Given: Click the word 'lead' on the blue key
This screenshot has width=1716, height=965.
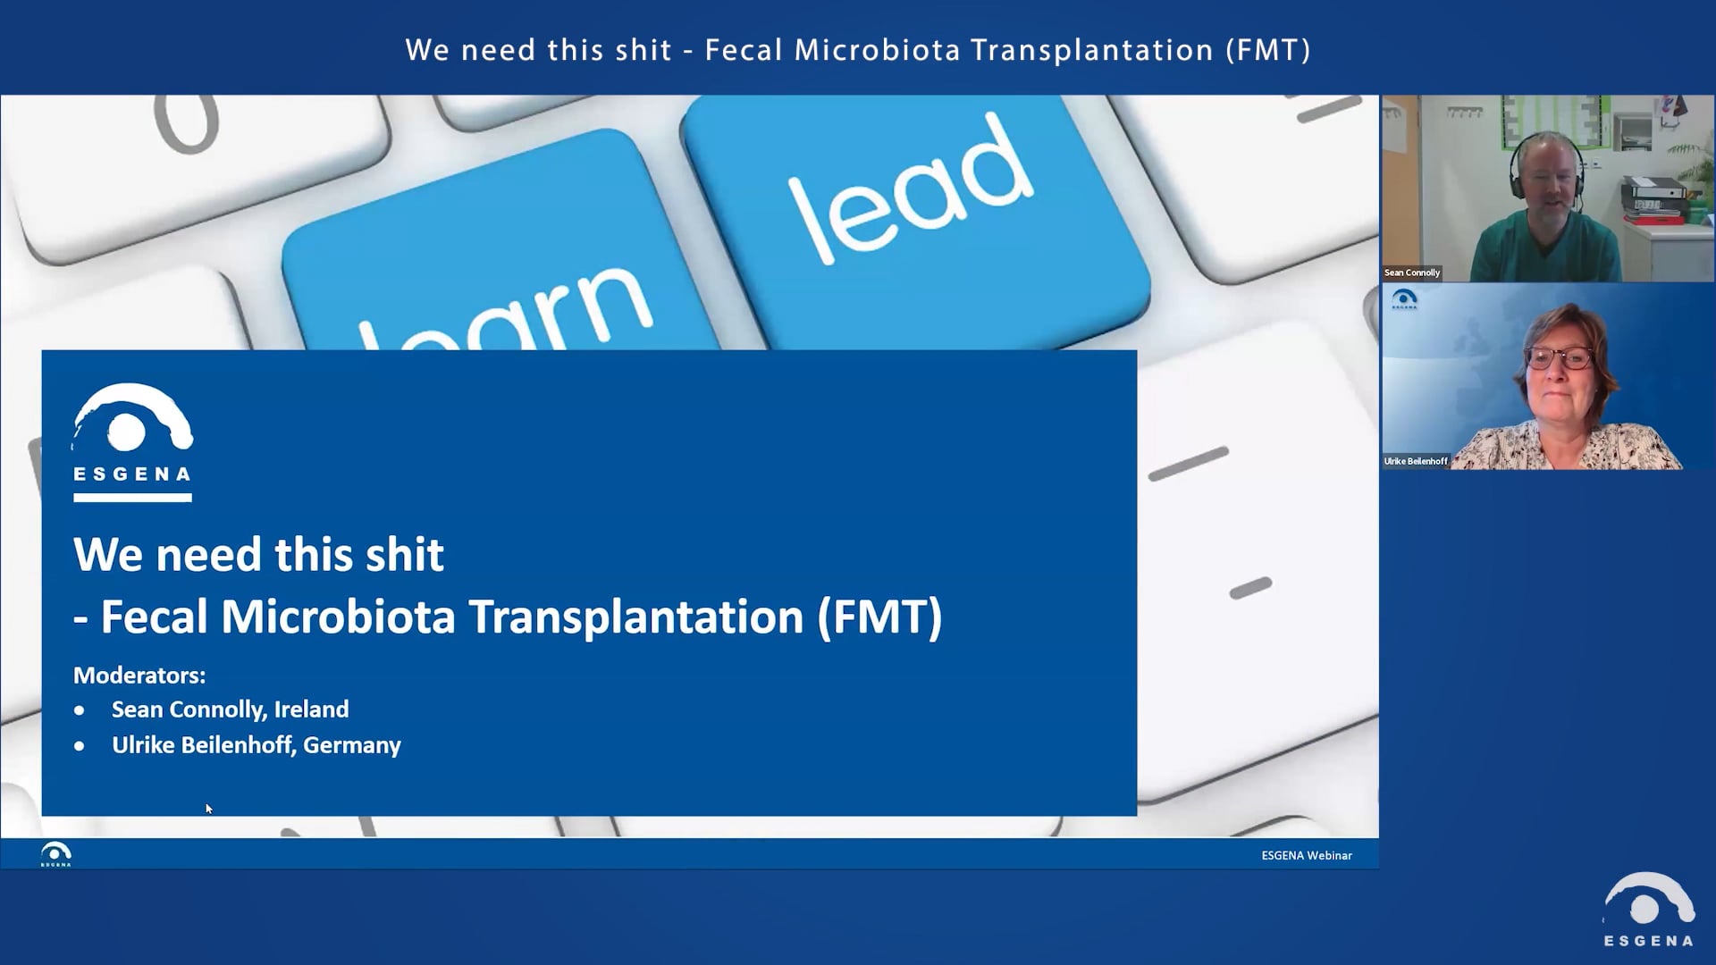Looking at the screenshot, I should coord(910,189).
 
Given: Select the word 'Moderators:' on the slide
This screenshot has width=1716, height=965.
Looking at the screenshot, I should coord(139,675).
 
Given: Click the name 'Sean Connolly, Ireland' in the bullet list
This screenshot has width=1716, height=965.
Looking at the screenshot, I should coord(230,709).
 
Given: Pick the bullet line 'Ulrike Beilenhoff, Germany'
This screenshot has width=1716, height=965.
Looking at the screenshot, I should coord(256,745).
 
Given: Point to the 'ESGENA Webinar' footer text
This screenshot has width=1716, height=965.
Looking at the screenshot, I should coord(1306,855).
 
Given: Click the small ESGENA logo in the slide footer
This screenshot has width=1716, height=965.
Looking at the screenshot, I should coord(55,854).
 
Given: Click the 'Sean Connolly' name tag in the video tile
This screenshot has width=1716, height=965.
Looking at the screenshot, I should coord(1411,273).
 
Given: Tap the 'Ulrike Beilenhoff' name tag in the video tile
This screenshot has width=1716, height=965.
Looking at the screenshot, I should coord(1415,461).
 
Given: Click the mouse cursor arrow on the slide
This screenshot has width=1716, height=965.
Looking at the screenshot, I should coord(208,809).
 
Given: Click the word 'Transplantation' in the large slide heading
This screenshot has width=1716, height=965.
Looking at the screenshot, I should coord(635,617).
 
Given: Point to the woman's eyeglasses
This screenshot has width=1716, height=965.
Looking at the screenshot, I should coord(1559,359).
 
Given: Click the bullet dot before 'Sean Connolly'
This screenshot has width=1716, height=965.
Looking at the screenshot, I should coord(80,711).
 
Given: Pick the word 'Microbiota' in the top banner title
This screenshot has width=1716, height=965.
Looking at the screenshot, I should coord(877,50).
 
